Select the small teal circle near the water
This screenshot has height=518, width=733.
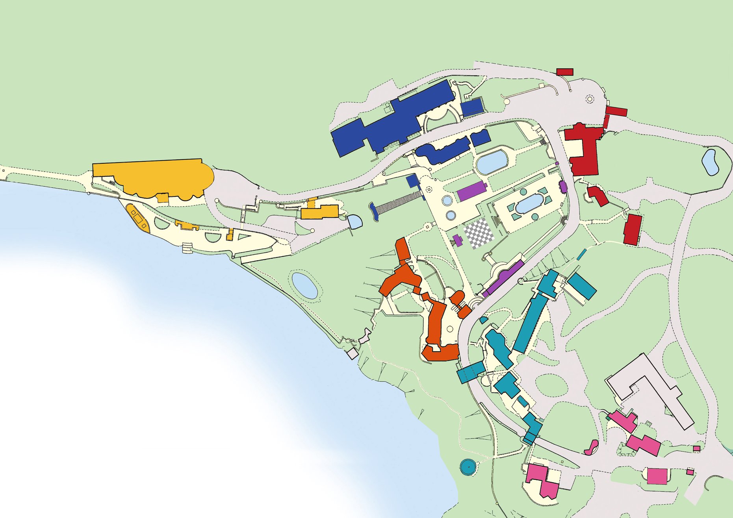point(468,467)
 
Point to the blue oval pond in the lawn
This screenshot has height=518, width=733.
point(304,285)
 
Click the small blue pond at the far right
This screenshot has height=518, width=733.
point(710,162)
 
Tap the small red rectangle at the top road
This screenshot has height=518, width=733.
point(564,72)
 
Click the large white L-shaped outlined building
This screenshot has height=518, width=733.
point(650,390)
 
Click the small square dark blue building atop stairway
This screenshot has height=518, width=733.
point(412,181)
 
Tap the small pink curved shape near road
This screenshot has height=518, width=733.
point(592,448)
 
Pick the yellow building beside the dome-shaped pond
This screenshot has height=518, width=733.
point(319,211)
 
